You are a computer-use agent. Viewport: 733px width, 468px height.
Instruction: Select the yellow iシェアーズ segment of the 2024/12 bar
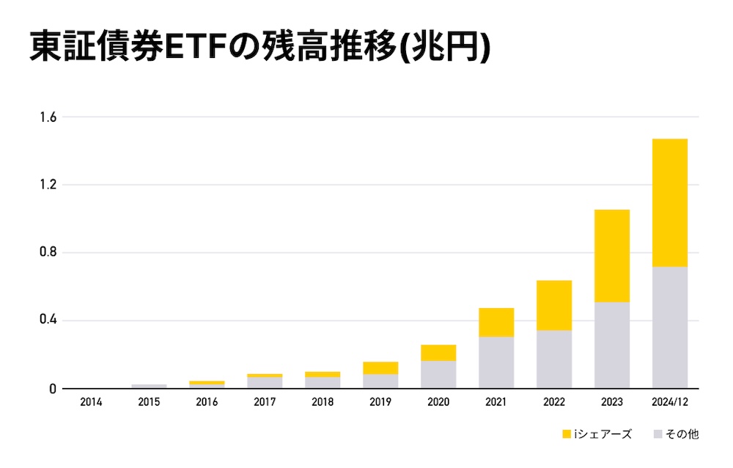click(669, 202)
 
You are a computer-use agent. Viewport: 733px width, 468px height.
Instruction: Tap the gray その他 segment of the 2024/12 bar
click(669, 327)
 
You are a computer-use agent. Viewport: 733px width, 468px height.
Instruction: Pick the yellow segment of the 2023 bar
click(611, 255)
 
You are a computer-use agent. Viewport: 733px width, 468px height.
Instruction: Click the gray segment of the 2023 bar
click(611, 345)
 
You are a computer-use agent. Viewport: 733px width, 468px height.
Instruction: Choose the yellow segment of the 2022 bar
click(554, 305)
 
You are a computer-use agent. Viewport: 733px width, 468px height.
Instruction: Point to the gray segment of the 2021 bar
click(496, 362)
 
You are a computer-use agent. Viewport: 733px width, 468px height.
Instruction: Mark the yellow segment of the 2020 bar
click(438, 353)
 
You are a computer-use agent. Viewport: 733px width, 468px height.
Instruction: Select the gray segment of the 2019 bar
click(380, 381)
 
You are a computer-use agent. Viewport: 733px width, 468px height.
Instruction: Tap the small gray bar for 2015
click(150, 386)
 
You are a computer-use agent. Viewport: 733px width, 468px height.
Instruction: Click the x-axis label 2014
click(92, 403)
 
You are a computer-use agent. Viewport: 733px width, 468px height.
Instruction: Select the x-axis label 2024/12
click(669, 403)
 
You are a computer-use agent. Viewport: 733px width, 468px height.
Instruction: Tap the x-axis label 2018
click(323, 403)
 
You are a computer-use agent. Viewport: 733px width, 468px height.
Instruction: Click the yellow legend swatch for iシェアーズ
click(567, 434)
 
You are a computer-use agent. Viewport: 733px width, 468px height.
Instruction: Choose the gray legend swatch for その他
click(658, 434)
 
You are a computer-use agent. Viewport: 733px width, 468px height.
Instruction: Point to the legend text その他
click(682, 434)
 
